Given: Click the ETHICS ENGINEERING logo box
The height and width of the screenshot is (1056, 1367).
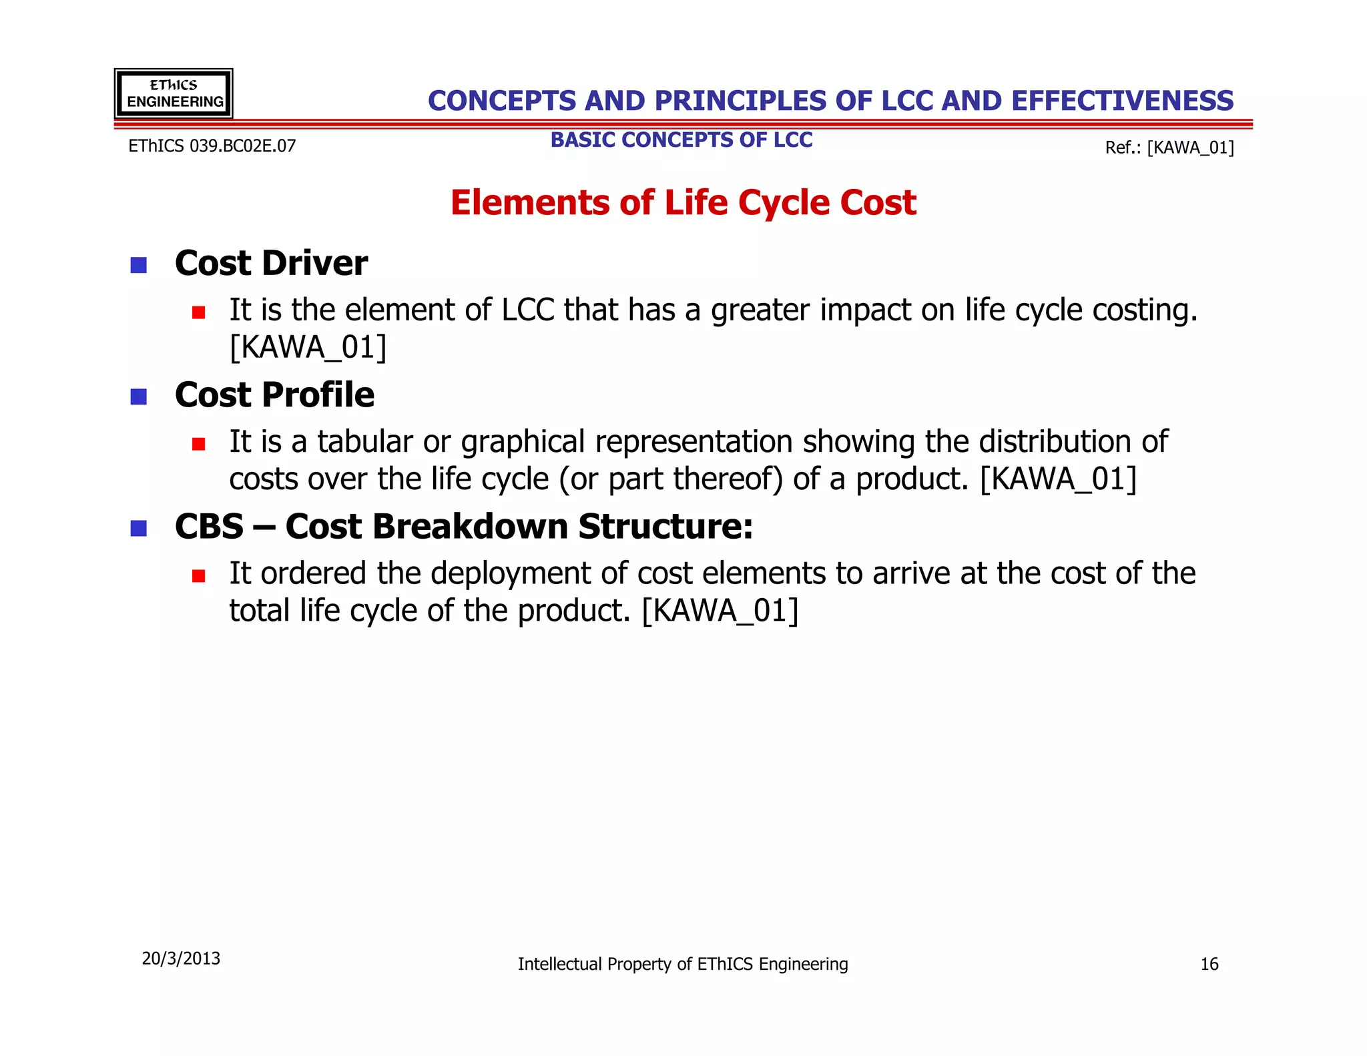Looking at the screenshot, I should point(174,93).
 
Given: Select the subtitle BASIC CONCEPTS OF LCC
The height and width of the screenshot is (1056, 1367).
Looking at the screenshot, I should point(681,140).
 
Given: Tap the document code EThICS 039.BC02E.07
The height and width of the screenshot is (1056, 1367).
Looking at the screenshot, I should point(212,146).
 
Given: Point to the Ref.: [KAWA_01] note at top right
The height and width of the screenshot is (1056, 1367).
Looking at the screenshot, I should point(1169,148).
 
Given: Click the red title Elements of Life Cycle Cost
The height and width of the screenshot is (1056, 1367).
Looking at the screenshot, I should point(683,202).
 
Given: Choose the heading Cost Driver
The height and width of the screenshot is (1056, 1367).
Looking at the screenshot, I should point(271,263).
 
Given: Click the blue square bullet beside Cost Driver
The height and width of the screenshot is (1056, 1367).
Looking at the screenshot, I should point(139,265).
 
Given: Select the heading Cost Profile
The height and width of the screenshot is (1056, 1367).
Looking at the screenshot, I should point(274,394).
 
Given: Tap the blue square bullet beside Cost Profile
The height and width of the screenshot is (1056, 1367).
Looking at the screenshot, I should point(139,397).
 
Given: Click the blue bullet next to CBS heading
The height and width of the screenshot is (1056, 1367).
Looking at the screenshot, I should point(139,529).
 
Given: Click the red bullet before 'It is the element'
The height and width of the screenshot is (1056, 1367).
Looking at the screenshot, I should point(198,312).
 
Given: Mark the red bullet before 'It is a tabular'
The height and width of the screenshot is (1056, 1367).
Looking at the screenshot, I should point(198,444).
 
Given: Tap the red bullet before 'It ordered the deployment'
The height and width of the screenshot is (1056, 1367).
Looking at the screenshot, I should point(198,575).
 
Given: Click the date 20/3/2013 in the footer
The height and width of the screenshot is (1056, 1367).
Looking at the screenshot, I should point(181,959).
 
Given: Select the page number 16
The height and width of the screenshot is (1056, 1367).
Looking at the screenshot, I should point(1209,964).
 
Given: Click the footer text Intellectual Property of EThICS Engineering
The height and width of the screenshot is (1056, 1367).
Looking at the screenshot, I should point(683,964).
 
